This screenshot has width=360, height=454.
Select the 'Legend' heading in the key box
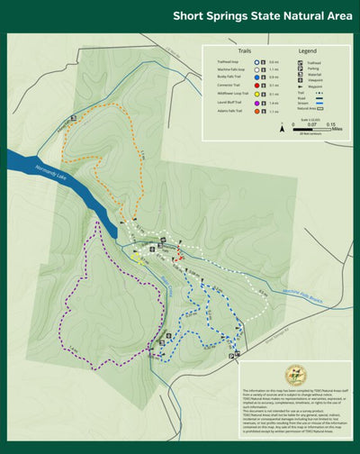(308, 51)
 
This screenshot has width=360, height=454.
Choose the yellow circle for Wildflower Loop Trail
(260, 93)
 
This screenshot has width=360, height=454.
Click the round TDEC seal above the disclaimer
(294, 375)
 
